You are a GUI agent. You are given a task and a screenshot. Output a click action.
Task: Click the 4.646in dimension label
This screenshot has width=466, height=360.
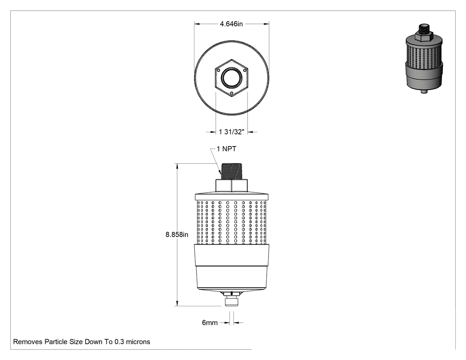point(231,24)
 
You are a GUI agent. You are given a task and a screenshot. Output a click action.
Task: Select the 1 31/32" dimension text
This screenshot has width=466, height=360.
point(232,132)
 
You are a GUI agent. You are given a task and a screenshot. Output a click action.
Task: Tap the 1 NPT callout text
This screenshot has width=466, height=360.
point(226,149)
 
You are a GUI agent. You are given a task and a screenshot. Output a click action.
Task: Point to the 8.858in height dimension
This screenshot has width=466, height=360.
point(177,234)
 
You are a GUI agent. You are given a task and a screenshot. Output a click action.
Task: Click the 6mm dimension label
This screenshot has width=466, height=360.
point(210,323)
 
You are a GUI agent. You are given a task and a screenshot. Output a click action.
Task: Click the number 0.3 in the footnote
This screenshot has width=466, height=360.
point(119,342)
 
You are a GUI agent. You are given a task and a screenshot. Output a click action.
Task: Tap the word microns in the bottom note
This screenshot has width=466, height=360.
point(138,342)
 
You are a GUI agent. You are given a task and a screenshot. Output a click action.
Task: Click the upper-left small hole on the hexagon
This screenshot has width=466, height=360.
point(218,71)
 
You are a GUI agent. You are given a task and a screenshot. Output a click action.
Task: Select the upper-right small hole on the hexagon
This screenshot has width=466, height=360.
point(245,71)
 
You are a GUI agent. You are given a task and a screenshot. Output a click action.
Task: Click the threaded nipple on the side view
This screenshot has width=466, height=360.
point(232,171)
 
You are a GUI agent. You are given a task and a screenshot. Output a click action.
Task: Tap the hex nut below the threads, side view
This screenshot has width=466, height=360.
point(232,186)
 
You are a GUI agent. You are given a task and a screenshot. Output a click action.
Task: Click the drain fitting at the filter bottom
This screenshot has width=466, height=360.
point(232,299)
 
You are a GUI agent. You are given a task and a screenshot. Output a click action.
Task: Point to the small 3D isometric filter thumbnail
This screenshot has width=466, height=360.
point(424,59)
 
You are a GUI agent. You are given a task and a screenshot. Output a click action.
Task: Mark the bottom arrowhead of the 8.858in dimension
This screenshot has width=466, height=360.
point(178,303)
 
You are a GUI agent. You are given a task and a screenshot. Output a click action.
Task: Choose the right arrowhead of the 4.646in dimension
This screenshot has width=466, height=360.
point(266,24)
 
